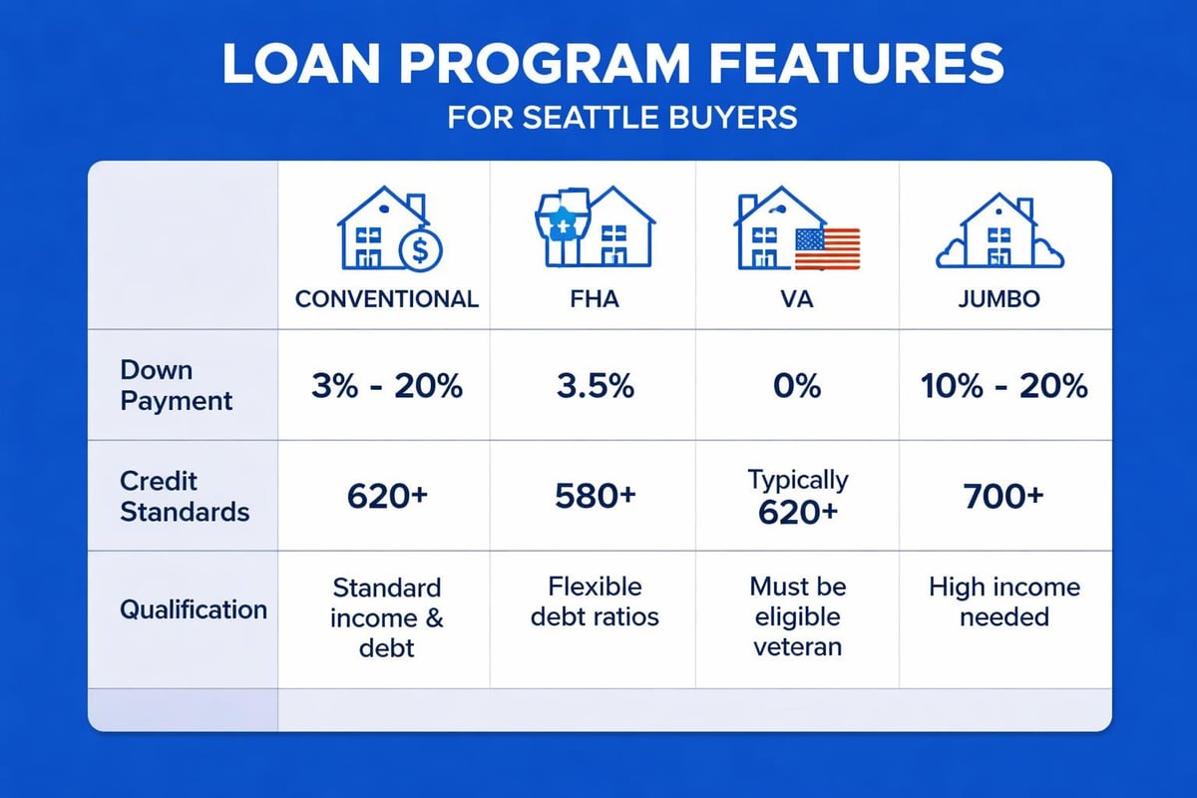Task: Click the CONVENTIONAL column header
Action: point(387,298)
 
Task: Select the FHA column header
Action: point(593,298)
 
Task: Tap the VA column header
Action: point(798,298)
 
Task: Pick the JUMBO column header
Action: point(1005,298)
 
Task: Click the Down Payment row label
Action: point(176,386)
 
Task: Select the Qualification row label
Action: point(194,608)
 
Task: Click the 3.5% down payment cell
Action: point(593,386)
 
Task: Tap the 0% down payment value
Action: point(798,386)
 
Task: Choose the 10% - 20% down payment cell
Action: point(1005,386)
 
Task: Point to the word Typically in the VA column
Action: point(798,480)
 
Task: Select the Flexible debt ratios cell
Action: point(594,601)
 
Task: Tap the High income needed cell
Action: point(1004,601)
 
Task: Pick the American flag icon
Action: point(827,248)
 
